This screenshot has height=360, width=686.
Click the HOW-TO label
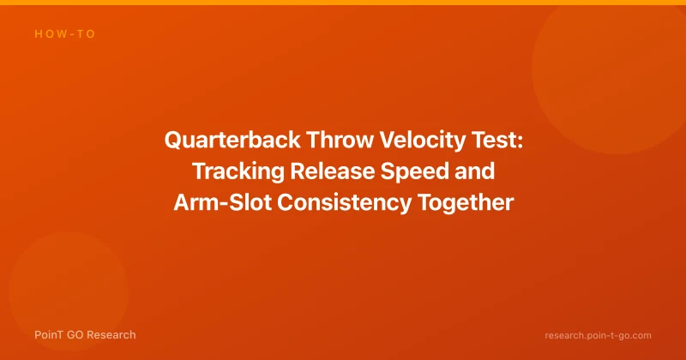[65, 34]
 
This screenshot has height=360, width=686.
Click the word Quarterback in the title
[232, 141]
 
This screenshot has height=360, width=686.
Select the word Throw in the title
[340, 141]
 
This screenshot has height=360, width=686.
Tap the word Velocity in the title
[422, 141]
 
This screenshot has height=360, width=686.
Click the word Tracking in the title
[238, 171]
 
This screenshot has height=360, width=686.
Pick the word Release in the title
[333, 171]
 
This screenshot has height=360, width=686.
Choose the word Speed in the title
[415, 171]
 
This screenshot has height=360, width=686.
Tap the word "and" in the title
[475, 171]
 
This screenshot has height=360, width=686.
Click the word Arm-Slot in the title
[223, 202]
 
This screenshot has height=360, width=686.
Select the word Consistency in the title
[345, 203]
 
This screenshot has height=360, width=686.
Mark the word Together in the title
[465, 203]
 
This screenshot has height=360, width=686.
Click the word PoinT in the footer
[49, 335]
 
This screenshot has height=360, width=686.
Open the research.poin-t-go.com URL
[598, 335]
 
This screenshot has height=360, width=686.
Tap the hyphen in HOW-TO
[72, 34]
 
